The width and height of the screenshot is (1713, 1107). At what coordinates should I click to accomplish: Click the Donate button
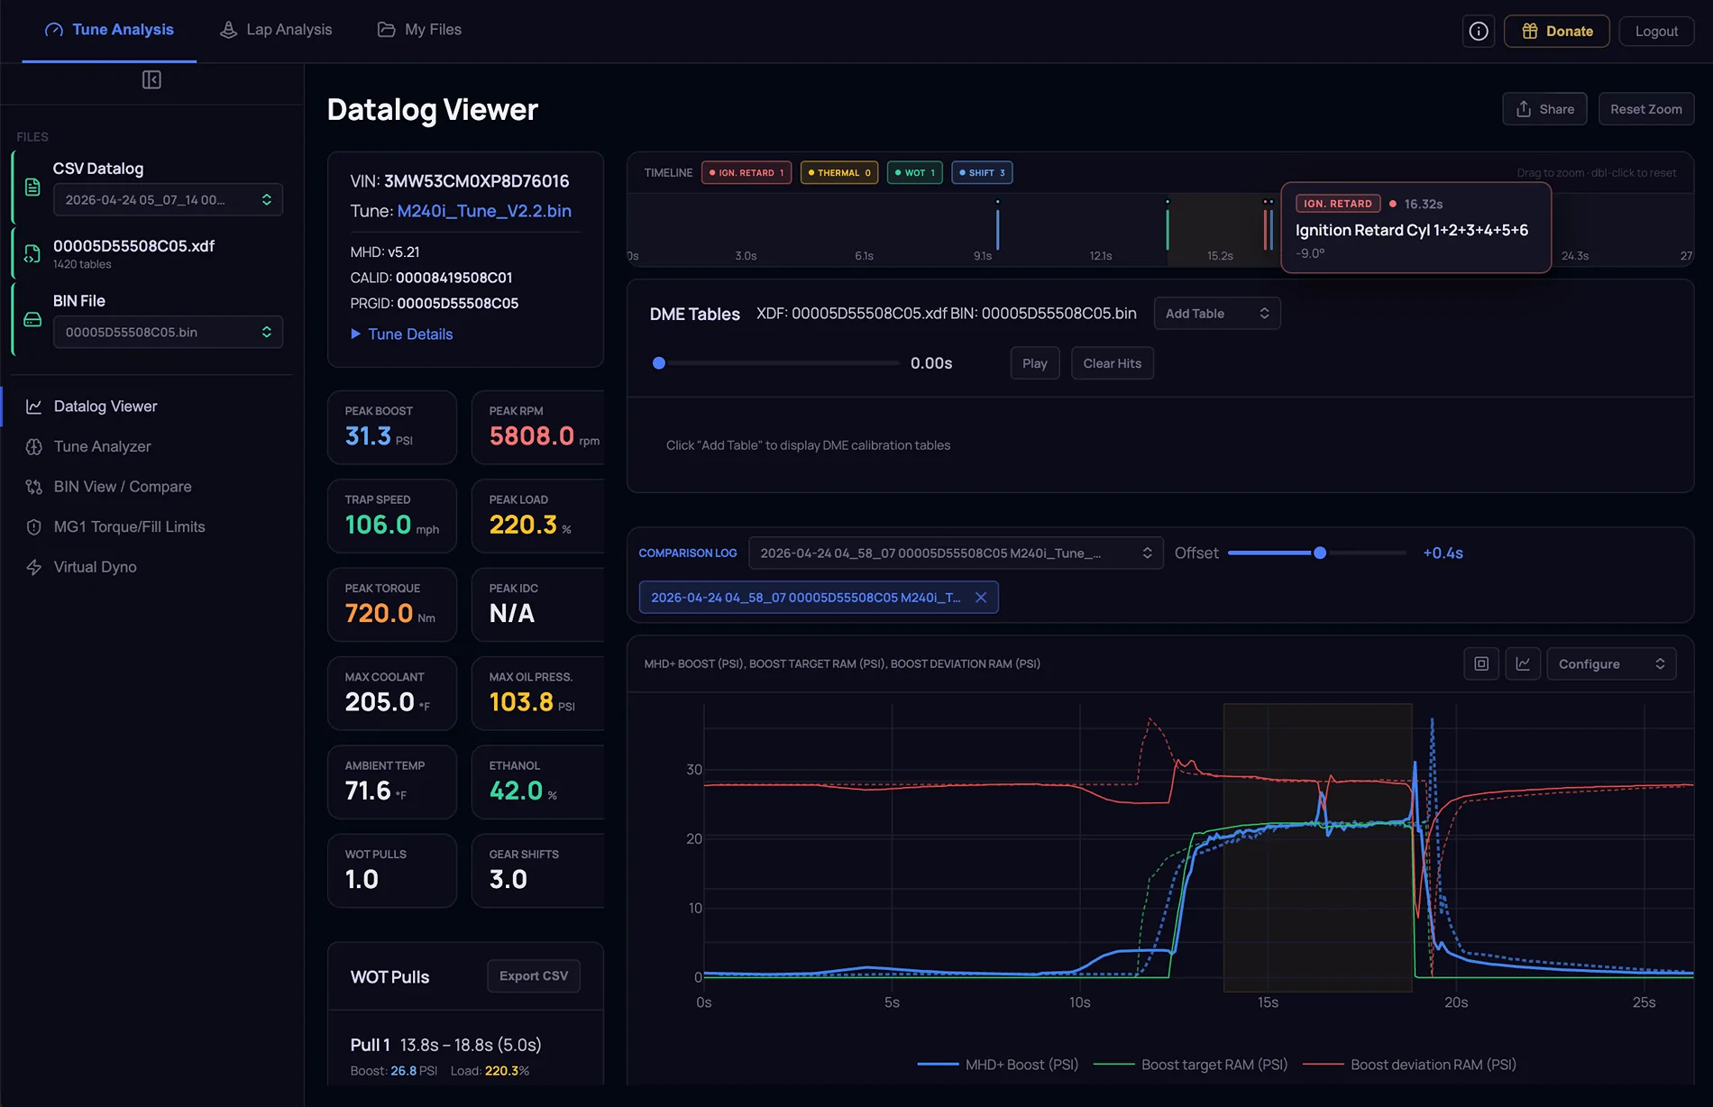1556,31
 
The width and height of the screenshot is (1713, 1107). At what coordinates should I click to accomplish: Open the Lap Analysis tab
276,30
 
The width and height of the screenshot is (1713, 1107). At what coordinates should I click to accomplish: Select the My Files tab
419,30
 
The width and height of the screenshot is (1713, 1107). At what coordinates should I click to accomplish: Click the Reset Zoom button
1645,109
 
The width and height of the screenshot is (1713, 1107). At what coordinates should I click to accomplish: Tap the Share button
1544,109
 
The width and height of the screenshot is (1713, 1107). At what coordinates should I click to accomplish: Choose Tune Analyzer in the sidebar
102,446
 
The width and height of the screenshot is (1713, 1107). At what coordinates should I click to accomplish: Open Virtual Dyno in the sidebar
95,567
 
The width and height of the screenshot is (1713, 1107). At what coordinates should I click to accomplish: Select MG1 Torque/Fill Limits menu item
129,526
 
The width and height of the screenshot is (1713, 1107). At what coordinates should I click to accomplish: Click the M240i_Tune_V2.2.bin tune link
484,211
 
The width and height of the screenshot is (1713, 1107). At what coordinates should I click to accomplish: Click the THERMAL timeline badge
839,172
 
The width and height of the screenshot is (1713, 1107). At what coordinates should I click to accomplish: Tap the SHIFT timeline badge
982,172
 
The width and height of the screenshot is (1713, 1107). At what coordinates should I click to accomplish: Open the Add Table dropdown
1217,314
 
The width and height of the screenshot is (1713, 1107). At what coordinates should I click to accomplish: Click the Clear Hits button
1112,363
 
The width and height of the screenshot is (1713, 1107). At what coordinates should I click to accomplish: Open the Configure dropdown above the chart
1611,664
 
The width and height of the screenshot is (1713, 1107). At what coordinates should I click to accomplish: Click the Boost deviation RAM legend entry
1410,1065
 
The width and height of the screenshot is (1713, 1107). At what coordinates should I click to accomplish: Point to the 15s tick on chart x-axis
1268,1002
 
